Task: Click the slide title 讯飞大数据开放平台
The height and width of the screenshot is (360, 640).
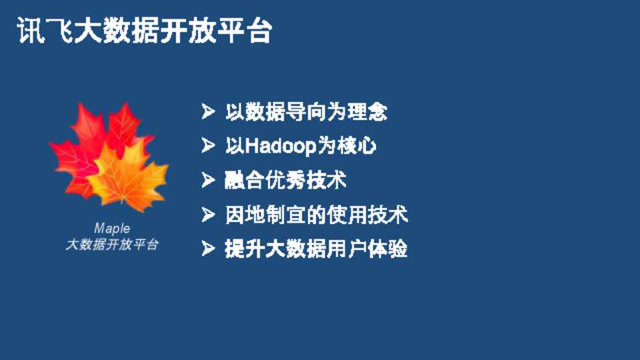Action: click(145, 30)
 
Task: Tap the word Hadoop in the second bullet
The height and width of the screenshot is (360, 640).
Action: click(281, 147)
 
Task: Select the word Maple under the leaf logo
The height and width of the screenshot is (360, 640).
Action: click(112, 229)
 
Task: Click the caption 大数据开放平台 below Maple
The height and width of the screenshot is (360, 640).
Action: click(112, 245)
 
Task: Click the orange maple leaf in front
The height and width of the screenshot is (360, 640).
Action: click(127, 175)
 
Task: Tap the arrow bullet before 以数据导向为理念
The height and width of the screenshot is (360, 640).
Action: click(208, 111)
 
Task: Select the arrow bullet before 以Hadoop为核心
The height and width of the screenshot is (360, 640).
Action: click(208, 145)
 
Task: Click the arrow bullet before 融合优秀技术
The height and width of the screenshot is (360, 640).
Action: click(208, 180)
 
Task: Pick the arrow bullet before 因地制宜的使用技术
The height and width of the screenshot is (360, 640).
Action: click(208, 214)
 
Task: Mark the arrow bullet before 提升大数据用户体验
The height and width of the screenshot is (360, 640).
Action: click(208, 249)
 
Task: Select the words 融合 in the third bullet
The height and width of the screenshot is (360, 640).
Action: click(244, 180)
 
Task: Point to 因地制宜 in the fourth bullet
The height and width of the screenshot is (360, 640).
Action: click(265, 214)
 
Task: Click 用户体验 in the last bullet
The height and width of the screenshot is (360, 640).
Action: click(367, 249)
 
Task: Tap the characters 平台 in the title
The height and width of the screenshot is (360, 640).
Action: click(244, 30)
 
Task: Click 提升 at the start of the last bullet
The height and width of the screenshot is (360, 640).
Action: click(244, 249)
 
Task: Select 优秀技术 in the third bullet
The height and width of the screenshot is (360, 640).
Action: click(306, 180)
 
